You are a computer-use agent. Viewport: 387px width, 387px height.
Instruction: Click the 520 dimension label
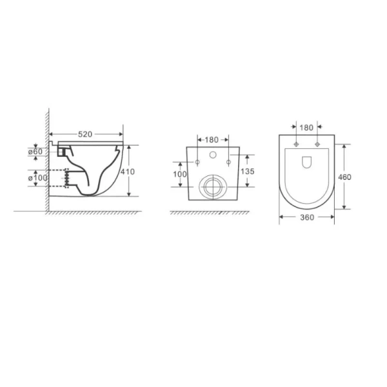(85, 134)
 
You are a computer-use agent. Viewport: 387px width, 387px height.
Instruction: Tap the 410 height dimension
(128, 172)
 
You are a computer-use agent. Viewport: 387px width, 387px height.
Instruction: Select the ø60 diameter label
(35, 152)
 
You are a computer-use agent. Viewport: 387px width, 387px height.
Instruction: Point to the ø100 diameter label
(37, 178)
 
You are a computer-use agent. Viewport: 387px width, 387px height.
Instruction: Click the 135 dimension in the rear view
(247, 172)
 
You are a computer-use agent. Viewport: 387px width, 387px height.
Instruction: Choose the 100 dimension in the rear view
(180, 174)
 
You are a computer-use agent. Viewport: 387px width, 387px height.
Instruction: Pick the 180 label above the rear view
(212, 140)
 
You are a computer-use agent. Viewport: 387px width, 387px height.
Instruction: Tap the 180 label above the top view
(306, 128)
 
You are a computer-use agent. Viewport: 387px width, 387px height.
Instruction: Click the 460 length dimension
(344, 177)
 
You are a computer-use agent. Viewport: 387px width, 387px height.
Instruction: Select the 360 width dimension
(307, 217)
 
